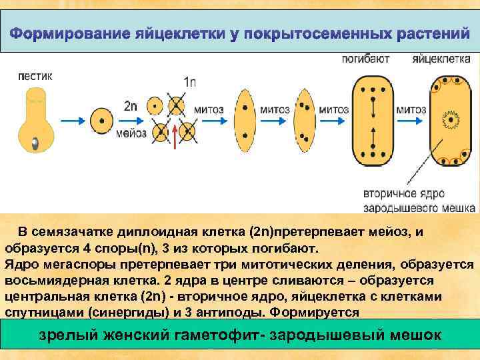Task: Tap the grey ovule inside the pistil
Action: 34,141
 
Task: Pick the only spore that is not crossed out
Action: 155,105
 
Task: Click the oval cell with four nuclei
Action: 303,120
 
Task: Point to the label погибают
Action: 365,59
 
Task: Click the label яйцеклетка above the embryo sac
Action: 437,59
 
